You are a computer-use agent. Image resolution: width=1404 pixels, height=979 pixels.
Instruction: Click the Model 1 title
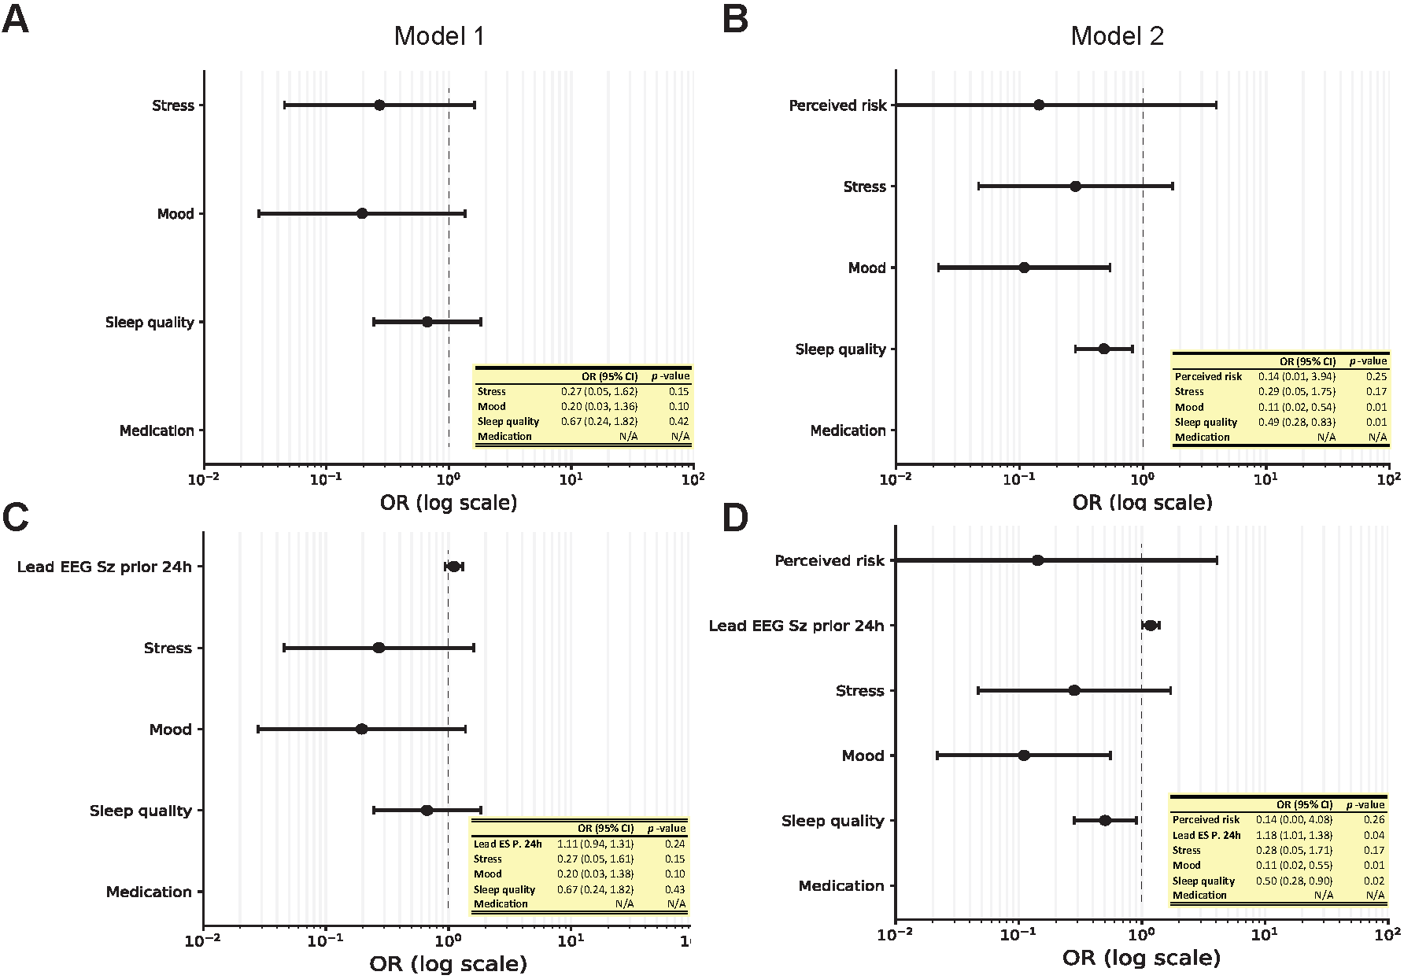click(x=439, y=36)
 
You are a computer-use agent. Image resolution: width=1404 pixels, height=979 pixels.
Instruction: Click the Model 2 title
click(x=1117, y=36)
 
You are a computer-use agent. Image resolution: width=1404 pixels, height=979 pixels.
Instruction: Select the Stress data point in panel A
click(x=379, y=105)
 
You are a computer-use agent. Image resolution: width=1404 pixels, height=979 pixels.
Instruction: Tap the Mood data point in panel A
click(x=362, y=213)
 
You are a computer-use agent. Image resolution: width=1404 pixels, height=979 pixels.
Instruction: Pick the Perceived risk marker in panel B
click(x=1039, y=105)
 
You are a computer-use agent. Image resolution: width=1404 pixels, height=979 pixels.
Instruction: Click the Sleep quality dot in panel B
click(x=1103, y=349)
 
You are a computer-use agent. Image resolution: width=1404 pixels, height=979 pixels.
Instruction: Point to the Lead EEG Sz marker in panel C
click(x=454, y=567)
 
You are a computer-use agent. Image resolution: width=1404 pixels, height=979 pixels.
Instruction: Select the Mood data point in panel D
click(x=1024, y=755)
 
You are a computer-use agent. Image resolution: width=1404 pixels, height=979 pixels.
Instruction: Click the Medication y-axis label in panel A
click(x=157, y=430)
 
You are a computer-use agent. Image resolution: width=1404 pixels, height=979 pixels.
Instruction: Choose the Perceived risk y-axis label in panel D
click(x=829, y=561)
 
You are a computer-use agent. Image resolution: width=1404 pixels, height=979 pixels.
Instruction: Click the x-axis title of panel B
click(x=1142, y=502)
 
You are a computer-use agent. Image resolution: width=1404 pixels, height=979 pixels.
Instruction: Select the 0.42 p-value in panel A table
click(x=679, y=422)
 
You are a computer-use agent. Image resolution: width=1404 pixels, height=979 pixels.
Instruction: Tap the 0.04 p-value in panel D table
click(x=1375, y=835)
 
